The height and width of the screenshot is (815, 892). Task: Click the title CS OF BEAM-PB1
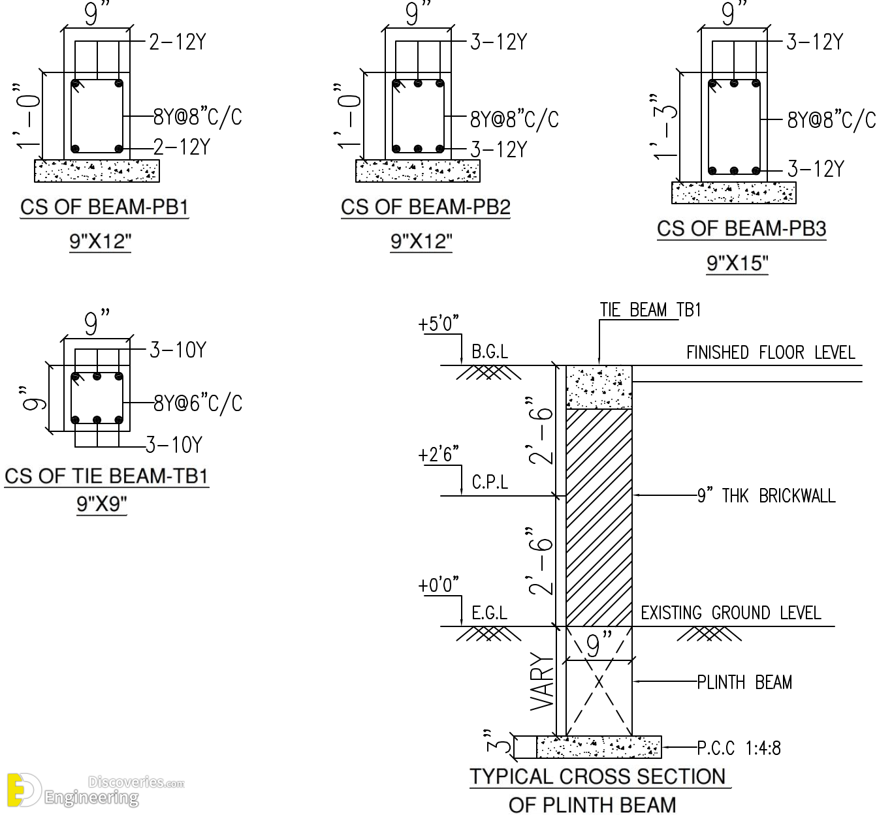pos(104,207)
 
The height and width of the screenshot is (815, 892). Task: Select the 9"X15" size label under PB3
pos(737,264)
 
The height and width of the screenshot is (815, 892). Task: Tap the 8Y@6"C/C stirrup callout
pos(198,403)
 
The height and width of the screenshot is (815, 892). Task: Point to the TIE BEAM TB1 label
pos(650,310)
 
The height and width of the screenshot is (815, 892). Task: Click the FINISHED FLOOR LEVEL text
pos(771,352)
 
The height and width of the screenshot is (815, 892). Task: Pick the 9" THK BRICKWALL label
pos(766,495)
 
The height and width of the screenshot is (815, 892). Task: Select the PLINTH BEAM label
pos(744,682)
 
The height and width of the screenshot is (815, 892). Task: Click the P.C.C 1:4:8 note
pos(739,748)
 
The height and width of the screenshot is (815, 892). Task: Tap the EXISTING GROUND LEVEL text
pos(731,613)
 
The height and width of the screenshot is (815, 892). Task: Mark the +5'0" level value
pos(438,324)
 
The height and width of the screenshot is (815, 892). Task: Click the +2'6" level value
pos(438,454)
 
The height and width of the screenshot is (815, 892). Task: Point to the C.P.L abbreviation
pos(490,482)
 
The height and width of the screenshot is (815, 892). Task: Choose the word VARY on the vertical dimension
pos(542,681)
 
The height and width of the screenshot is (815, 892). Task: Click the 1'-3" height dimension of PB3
pos(664,127)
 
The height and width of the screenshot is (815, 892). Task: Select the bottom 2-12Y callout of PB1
pos(182,147)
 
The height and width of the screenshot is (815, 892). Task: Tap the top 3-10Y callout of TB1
pos(178,350)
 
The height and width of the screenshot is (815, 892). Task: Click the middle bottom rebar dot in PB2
pos(418,149)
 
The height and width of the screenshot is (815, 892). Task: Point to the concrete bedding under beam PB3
pos(734,192)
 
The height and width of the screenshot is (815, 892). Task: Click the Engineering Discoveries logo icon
pos(23,790)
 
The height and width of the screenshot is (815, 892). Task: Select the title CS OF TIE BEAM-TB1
pos(106,476)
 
